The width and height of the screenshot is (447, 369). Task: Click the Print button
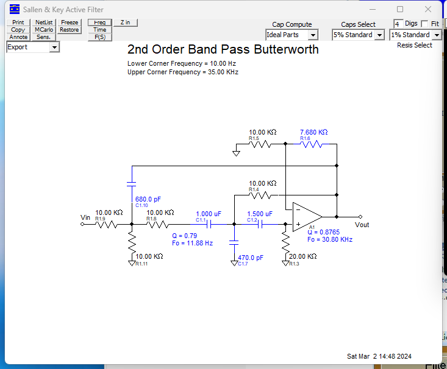pyautogui.click(x=18, y=22)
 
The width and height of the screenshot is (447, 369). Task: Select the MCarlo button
pyautogui.click(x=44, y=30)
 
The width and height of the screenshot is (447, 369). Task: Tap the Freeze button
pyautogui.click(x=70, y=22)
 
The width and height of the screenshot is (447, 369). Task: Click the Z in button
pyautogui.click(x=126, y=23)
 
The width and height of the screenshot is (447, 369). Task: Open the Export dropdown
pyautogui.click(x=33, y=47)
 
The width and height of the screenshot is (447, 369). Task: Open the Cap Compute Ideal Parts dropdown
pyautogui.click(x=291, y=35)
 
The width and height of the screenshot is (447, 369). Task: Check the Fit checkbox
pyautogui.click(x=424, y=24)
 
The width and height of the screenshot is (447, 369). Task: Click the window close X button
pyautogui.click(x=428, y=9)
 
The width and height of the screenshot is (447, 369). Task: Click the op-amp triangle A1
pyautogui.click(x=307, y=217)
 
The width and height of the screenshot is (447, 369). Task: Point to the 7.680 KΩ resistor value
pyautogui.click(x=313, y=132)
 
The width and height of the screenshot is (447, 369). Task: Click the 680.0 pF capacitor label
pyautogui.click(x=148, y=199)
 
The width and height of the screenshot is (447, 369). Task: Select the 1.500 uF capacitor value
pyautogui.click(x=260, y=214)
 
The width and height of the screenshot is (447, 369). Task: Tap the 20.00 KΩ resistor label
pyautogui.click(x=302, y=256)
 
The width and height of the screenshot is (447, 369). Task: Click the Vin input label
pyautogui.click(x=85, y=217)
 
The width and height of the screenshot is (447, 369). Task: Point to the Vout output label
pyautogui.click(x=362, y=225)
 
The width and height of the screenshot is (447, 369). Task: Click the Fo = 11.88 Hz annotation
pyautogui.click(x=193, y=243)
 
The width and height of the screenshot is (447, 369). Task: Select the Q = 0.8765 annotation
pyautogui.click(x=324, y=232)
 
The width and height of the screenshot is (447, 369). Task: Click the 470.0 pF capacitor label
pyautogui.click(x=251, y=258)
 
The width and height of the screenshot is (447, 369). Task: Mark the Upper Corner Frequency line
pyautogui.click(x=183, y=72)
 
